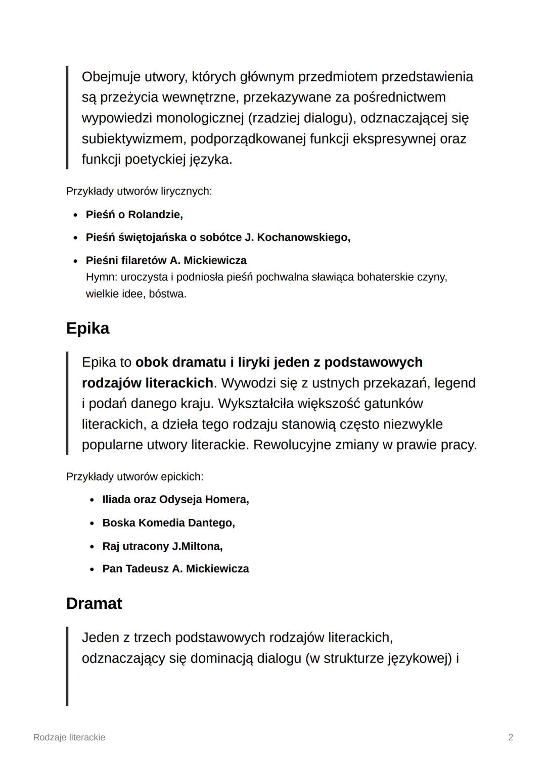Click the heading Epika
87,328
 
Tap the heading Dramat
94,604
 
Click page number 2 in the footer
511,737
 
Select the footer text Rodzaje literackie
69,737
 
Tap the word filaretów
144,261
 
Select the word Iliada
116,500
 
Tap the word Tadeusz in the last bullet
147,569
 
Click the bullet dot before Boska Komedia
92,523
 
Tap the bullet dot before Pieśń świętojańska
75,238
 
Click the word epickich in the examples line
182,477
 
